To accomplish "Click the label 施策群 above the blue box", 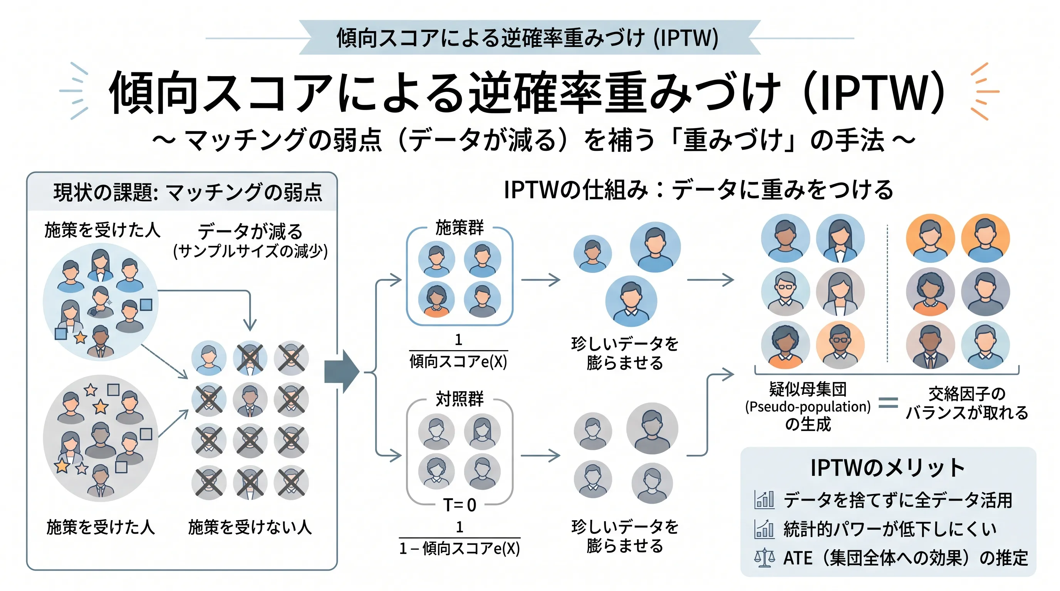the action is (459, 227).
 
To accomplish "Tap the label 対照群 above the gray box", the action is (459, 399).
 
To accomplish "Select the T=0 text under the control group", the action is (459, 505).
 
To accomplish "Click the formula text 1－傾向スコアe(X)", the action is (459, 548).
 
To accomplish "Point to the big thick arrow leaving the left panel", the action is (342, 372).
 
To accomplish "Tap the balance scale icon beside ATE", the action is (764, 558).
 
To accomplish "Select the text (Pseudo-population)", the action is (808, 407).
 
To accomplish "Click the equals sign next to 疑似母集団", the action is (888, 402).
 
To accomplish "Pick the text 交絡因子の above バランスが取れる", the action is (966, 394).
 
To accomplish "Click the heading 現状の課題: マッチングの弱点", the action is (188, 192).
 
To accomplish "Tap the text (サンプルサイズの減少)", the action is (250, 251).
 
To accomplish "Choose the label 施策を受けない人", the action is (250, 527).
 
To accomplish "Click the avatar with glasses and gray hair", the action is (785, 292).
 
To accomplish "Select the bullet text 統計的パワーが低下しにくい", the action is (890, 529).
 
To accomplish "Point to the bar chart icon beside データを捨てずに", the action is (764, 500).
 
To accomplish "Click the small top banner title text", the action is (528, 38).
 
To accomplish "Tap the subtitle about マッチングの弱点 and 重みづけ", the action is (533, 140).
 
